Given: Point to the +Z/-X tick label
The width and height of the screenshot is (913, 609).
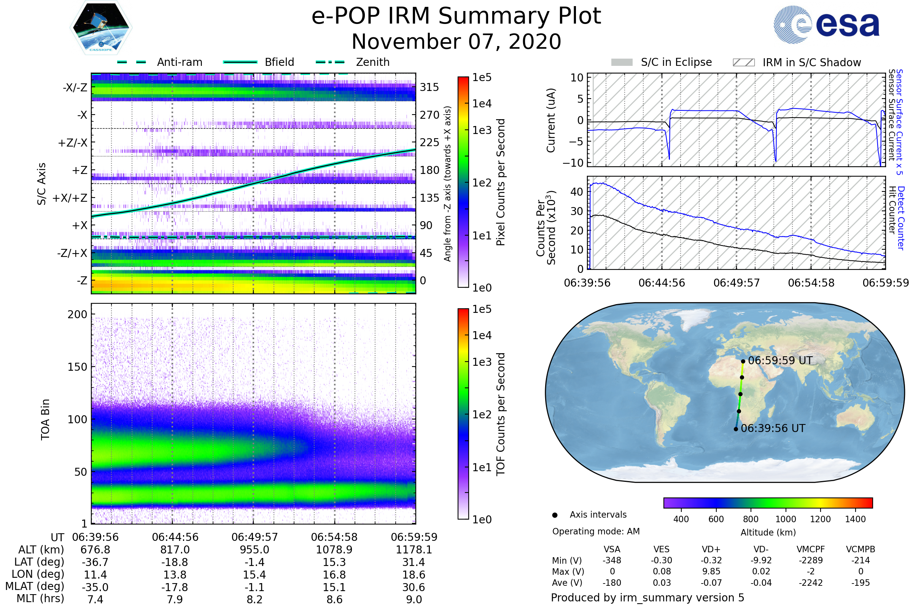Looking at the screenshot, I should point(73,143).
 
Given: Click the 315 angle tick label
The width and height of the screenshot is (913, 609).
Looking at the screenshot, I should point(429,87).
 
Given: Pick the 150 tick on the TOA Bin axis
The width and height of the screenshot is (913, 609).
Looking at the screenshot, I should point(77,367).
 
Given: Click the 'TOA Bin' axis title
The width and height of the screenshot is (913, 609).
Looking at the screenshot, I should point(45,419).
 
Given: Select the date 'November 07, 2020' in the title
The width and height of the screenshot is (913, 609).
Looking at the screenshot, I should point(456,41).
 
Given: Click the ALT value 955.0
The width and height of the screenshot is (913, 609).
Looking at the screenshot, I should point(254,550).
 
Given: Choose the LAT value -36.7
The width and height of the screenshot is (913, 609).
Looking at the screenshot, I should point(95,563).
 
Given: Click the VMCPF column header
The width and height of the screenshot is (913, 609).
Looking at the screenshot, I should point(811,550).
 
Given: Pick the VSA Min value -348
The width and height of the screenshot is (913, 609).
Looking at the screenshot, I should point(612,560).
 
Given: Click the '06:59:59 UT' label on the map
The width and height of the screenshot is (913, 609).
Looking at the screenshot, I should point(780,361).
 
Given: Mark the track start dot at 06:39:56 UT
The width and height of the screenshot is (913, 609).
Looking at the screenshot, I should point(736,429).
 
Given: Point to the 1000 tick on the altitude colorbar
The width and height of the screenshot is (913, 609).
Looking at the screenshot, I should point(785,519).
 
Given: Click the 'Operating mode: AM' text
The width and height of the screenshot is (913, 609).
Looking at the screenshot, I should point(596,531).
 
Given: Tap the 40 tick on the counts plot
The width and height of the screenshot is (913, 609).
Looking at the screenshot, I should point(577,192).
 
